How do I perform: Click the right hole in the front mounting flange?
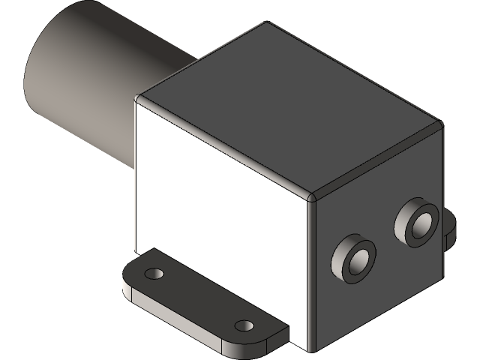[x=243, y=326]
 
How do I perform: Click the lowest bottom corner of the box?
[x=310, y=349]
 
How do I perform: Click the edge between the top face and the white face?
[x=225, y=148]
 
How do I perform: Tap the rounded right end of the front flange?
[x=277, y=336]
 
